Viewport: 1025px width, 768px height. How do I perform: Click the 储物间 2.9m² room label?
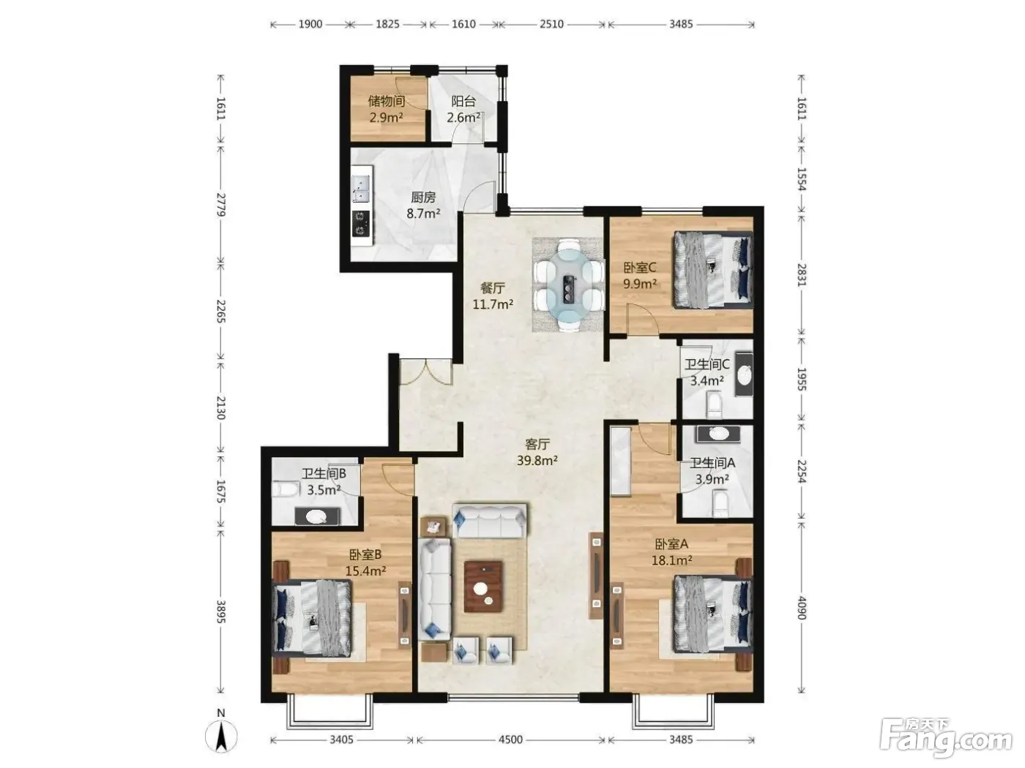pyautogui.click(x=386, y=109)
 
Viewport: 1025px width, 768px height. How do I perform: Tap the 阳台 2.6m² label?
pyautogui.click(x=463, y=109)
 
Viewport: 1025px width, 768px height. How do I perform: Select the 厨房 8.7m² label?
pyautogui.click(x=423, y=206)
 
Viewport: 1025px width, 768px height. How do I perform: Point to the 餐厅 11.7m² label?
pyautogui.click(x=493, y=296)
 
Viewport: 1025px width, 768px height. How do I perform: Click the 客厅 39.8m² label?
pyautogui.click(x=537, y=452)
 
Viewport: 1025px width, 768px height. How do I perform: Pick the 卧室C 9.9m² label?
pyautogui.click(x=640, y=275)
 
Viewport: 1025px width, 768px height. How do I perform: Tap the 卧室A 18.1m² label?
pyautogui.click(x=671, y=551)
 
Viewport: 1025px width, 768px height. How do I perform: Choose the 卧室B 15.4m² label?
pyautogui.click(x=365, y=562)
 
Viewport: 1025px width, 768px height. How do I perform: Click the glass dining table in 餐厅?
pyautogui.click(x=568, y=285)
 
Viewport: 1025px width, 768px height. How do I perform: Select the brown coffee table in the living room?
pyautogui.click(x=483, y=587)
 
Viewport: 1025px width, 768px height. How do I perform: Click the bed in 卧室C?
pyautogui.click(x=712, y=270)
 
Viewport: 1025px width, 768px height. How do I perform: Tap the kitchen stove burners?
pyautogui.click(x=361, y=223)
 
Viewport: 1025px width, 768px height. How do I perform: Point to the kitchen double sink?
pyautogui.click(x=361, y=188)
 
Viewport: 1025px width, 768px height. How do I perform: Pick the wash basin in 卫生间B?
pyautogui.click(x=316, y=516)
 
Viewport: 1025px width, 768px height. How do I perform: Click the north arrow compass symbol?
pyautogui.click(x=221, y=736)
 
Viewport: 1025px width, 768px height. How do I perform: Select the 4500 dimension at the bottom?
pyautogui.click(x=510, y=739)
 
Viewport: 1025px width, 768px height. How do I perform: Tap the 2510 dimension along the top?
pyautogui.click(x=551, y=24)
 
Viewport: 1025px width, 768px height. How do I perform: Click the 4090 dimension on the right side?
pyautogui.click(x=801, y=608)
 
